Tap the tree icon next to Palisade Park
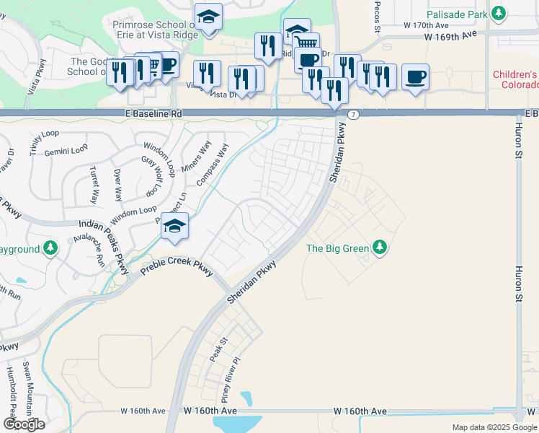(x=498, y=14)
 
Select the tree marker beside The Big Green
(x=380, y=248)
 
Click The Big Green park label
(x=338, y=248)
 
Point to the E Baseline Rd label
(x=153, y=113)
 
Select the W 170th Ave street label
(x=426, y=24)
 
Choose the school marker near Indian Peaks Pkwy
(x=174, y=226)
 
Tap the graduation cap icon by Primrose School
(x=208, y=16)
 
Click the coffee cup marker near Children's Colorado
(x=415, y=76)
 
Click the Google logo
(x=24, y=424)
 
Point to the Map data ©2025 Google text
(x=494, y=427)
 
